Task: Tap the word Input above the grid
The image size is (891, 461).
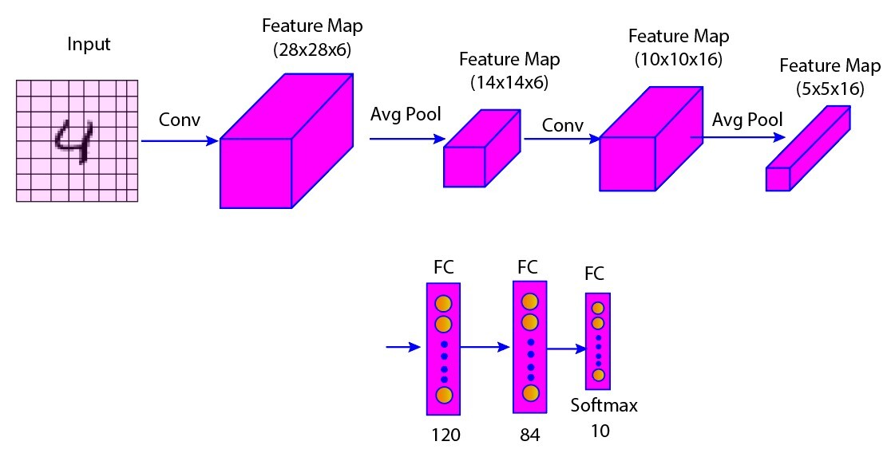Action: pyautogui.click(x=88, y=45)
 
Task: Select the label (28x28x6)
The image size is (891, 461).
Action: pyautogui.click(x=312, y=50)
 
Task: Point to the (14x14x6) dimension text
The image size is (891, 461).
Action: pyautogui.click(x=509, y=82)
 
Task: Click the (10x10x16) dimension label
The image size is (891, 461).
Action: pyautogui.click(x=678, y=59)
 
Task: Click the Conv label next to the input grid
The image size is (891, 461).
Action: pyautogui.click(x=180, y=120)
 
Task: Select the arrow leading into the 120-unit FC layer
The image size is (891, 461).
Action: pyautogui.click(x=403, y=347)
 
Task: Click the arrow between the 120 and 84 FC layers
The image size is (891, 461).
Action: pyautogui.click(x=485, y=347)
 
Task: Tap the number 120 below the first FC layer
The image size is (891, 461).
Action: pyautogui.click(x=445, y=435)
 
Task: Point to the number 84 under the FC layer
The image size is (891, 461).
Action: pyautogui.click(x=529, y=435)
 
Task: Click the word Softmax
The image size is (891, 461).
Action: pyautogui.click(x=604, y=406)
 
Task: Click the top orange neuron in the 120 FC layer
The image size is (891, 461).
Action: pyautogui.click(x=443, y=304)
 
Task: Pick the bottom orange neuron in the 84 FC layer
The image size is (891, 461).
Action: pyautogui.click(x=529, y=392)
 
